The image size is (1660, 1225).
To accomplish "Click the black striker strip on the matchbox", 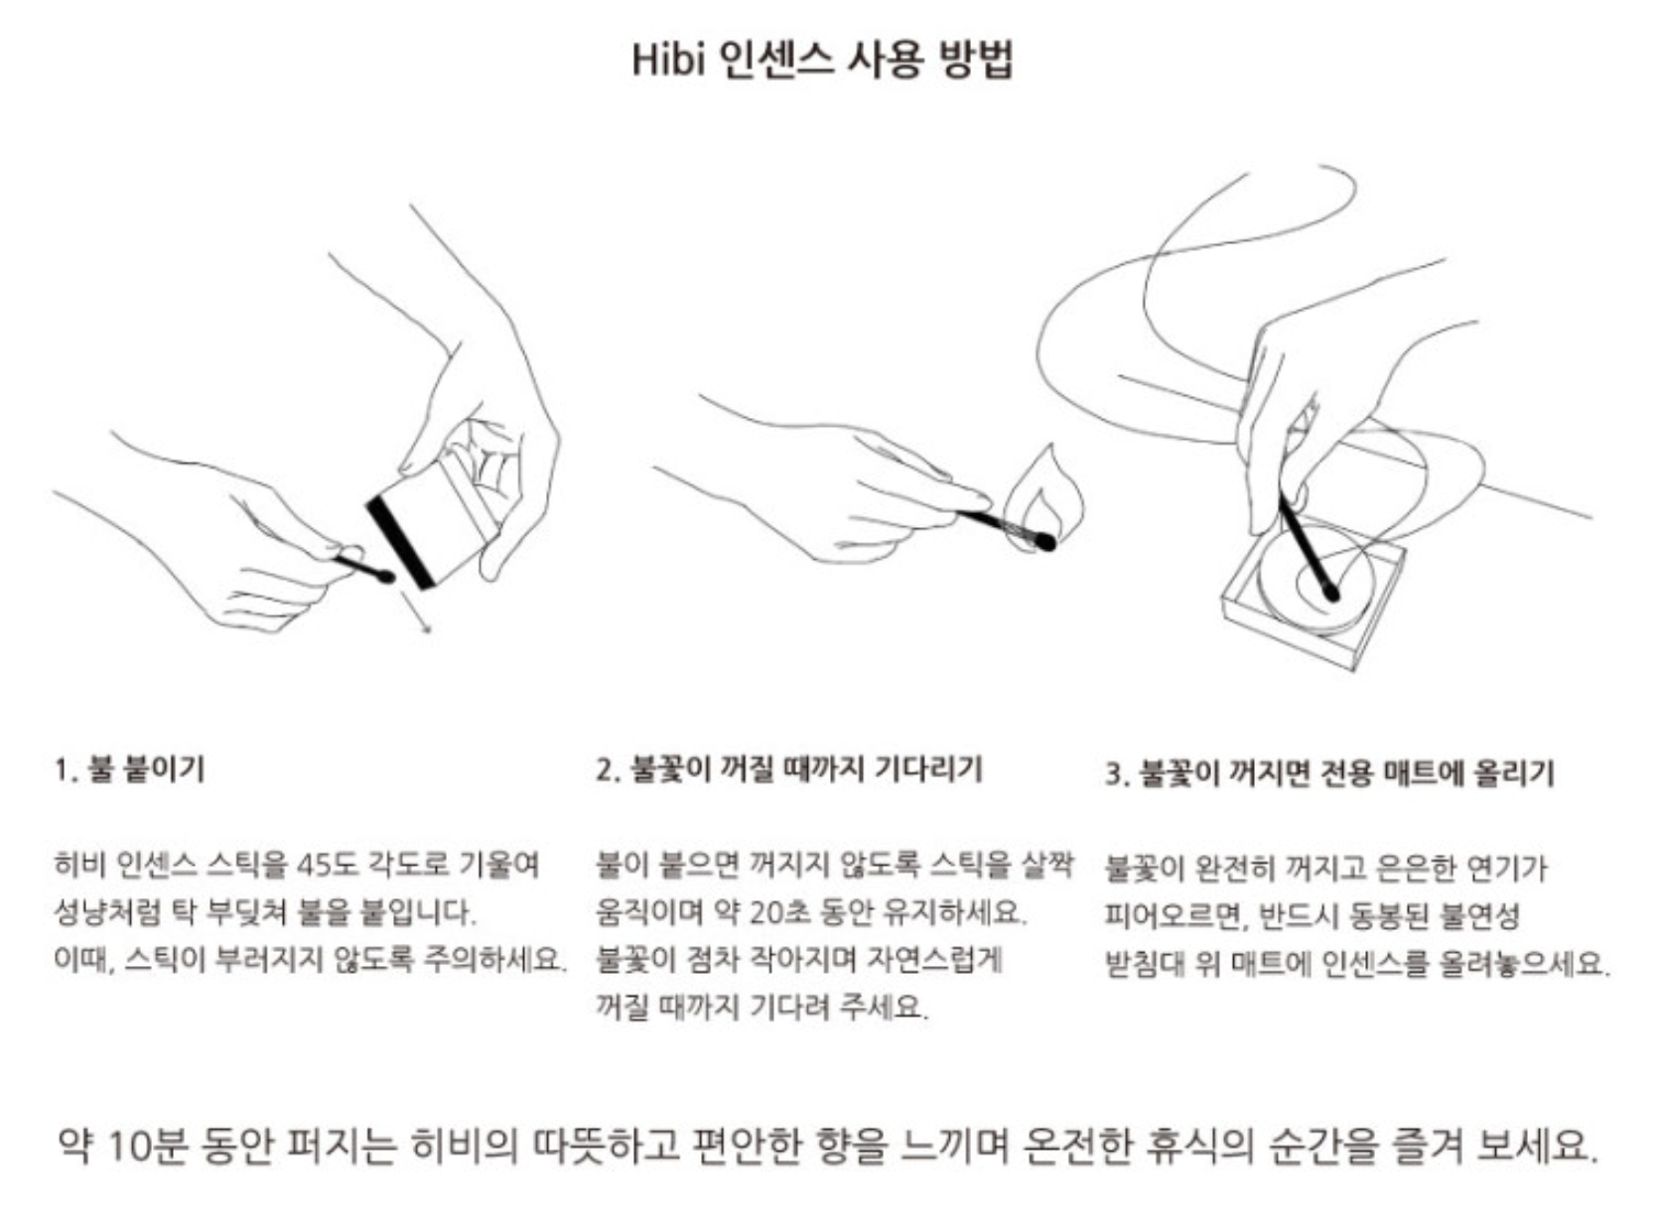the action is tap(401, 541).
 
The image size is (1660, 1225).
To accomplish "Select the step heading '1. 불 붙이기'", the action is tap(129, 769).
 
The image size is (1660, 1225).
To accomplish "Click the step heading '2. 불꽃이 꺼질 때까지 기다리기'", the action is tap(788, 769).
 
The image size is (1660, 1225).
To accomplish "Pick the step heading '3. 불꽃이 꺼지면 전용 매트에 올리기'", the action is tap(1329, 773).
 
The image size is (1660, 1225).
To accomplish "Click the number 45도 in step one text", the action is tap(326, 865).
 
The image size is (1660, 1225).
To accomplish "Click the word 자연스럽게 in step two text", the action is tap(934, 959).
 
